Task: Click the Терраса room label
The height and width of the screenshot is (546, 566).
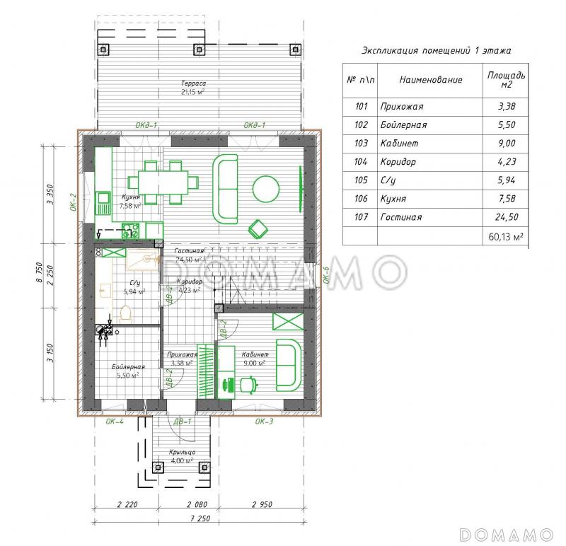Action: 193,83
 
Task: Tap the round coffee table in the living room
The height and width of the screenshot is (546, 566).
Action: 266,189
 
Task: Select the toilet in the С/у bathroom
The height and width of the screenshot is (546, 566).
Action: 125,313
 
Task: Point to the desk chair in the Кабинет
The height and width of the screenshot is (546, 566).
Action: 249,384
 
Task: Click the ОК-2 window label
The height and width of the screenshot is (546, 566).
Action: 73,202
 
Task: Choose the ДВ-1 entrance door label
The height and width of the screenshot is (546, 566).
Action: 183,421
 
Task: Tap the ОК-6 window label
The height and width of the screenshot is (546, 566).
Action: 326,274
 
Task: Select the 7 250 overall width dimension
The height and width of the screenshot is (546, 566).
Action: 200,518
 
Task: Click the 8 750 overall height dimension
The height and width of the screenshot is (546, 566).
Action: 40,272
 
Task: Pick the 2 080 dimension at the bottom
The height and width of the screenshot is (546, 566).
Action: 197,504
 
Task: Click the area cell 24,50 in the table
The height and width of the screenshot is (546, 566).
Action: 507,217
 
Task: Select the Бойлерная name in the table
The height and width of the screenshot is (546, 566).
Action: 403,125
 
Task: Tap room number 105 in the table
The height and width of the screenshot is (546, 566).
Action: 361,180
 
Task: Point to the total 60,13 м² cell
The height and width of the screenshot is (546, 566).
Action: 506,237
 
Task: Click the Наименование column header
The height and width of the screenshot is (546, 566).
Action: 431,80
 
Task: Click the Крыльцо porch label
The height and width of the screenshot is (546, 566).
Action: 183,452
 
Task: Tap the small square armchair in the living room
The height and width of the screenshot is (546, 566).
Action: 258,229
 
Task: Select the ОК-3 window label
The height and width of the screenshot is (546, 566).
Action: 264,421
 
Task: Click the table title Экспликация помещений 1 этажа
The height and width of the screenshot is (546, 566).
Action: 436,50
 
